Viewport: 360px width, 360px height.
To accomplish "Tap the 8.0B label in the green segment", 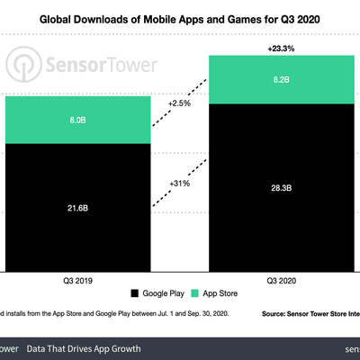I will click(x=76, y=117).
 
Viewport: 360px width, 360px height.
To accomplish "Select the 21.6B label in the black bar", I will click(x=76, y=208).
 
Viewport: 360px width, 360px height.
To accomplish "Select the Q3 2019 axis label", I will click(x=76, y=280).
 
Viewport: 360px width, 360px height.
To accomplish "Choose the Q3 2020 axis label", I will click(x=283, y=280).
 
